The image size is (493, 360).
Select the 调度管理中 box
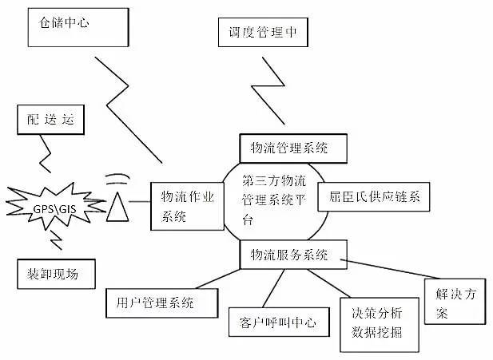tap(262, 34)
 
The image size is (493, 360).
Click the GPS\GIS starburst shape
tap(55, 209)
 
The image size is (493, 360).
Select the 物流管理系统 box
tap(293, 148)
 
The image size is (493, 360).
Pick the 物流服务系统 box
tap(293, 255)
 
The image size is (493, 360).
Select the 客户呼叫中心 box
tap(278, 322)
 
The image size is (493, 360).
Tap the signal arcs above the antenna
tap(117, 175)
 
